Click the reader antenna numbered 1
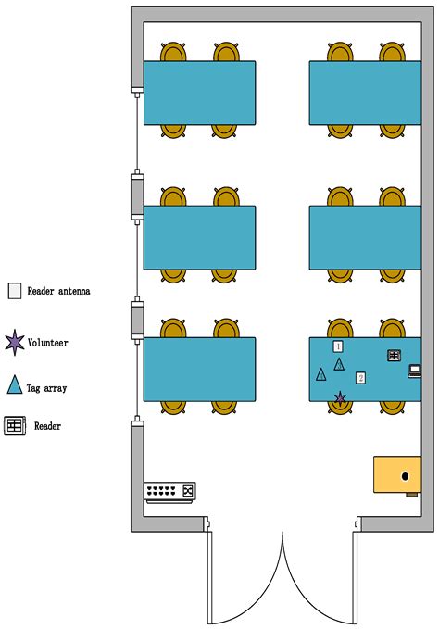coord(338,346)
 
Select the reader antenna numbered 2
coord(360,378)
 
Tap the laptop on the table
coord(415,371)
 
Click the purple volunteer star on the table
coord(340,398)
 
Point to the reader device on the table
coord(395,356)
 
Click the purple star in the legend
coord(15,343)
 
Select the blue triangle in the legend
coord(15,384)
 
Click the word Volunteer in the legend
coord(48,343)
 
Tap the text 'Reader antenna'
coord(58,291)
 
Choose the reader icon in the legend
coord(15,426)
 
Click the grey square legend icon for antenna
coord(15,291)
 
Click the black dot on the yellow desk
coord(405,476)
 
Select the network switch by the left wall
coord(170,492)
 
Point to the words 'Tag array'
coord(46,388)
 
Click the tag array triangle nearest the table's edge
coord(321,374)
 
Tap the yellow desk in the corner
coord(397,474)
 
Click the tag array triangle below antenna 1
coord(339,364)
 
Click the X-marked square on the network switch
coord(188,491)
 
